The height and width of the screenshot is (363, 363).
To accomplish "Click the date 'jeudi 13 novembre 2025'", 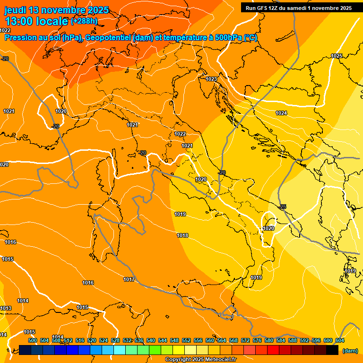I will [x=56, y=10].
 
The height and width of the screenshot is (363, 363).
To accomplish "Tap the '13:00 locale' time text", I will [x=36, y=21].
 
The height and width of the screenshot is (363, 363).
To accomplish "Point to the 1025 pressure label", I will [x=337, y=56].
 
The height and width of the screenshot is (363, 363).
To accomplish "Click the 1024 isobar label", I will [x=281, y=113].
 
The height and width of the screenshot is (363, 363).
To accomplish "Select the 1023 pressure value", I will [x=211, y=79].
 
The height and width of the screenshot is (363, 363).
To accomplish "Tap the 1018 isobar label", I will [x=182, y=235].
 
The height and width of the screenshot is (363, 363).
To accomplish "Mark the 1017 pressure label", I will [x=129, y=279].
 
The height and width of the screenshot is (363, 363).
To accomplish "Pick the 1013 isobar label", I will [x=6, y=308].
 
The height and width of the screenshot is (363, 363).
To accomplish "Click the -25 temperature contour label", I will [x=283, y=207].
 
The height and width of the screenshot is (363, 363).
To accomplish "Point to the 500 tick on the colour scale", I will [x=33, y=340].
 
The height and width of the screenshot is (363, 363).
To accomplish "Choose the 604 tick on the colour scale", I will [x=339, y=340].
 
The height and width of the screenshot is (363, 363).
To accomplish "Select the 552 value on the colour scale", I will [x=186, y=340].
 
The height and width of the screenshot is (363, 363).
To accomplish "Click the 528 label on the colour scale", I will [x=115, y=340].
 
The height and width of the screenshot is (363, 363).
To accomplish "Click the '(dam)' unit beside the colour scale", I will [x=350, y=351].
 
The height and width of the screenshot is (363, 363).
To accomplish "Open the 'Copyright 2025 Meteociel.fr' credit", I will [x=201, y=360].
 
